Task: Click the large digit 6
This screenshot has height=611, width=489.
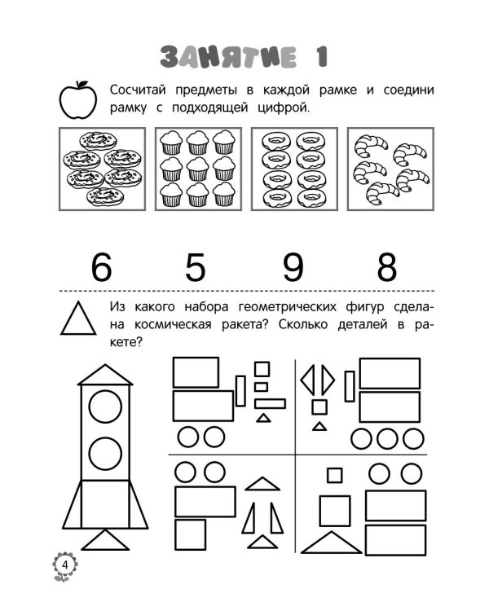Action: coord(101,267)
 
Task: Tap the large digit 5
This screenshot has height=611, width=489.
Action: coord(195,267)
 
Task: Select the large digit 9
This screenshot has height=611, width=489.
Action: coord(293,267)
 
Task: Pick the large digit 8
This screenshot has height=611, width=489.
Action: coord(387,267)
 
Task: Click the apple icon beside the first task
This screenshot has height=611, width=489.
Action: coord(78,99)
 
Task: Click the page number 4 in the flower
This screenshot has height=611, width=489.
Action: coord(64,565)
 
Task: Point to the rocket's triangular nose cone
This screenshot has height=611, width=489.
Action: coord(105,375)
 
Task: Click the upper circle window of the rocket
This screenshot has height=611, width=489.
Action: coord(105,406)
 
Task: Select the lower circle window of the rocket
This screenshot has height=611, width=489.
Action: coord(105,454)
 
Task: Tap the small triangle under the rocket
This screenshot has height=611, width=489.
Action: coord(105,540)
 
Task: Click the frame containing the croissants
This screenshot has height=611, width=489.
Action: coord(390,169)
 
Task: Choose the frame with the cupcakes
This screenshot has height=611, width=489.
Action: coord(198,169)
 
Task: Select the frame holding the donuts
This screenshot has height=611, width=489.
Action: coord(294,169)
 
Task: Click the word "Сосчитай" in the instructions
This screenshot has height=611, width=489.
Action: coord(138,90)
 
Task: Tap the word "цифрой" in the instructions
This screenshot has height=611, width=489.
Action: coord(284,108)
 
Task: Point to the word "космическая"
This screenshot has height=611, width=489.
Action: coord(173,324)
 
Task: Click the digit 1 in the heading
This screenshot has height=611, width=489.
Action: coord(321,57)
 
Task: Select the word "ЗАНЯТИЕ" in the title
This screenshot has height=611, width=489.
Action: coord(228,57)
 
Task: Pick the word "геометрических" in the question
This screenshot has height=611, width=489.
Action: coord(288,307)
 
